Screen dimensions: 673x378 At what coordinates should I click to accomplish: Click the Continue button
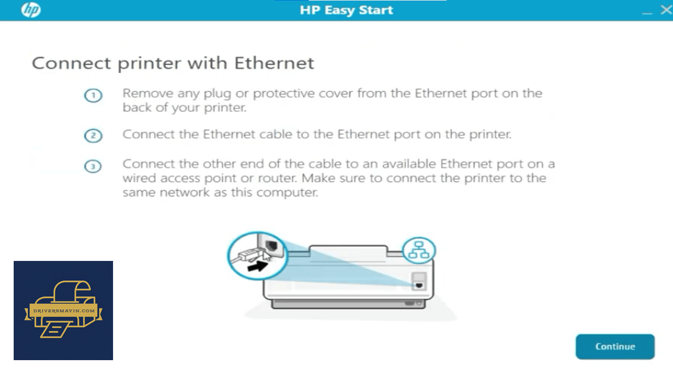[615, 346]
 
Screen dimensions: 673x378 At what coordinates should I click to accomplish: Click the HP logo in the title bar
[30, 10]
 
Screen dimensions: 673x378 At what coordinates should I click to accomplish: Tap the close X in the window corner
[666, 10]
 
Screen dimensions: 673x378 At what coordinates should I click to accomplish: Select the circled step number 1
[93, 96]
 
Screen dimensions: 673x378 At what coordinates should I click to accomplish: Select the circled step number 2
[93, 135]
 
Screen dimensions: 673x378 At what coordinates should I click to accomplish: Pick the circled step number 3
[93, 166]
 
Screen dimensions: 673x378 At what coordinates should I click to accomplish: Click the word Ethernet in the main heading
[274, 63]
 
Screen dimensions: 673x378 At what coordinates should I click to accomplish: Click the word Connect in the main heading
[71, 64]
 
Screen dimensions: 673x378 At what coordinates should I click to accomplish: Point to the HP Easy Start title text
[346, 10]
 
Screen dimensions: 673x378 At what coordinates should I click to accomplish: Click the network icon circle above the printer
[419, 250]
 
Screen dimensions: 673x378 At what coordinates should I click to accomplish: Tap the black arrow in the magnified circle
[258, 266]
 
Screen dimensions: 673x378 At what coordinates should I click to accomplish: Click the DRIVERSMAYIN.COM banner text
[64, 311]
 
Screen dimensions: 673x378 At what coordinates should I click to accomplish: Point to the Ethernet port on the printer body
[419, 285]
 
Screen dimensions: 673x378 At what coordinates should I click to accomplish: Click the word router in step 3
[277, 178]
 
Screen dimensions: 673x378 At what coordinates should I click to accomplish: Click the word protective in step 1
[283, 94]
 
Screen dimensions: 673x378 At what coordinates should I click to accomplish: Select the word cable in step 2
[276, 134]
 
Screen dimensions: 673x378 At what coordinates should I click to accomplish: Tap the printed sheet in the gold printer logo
[57, 329]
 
